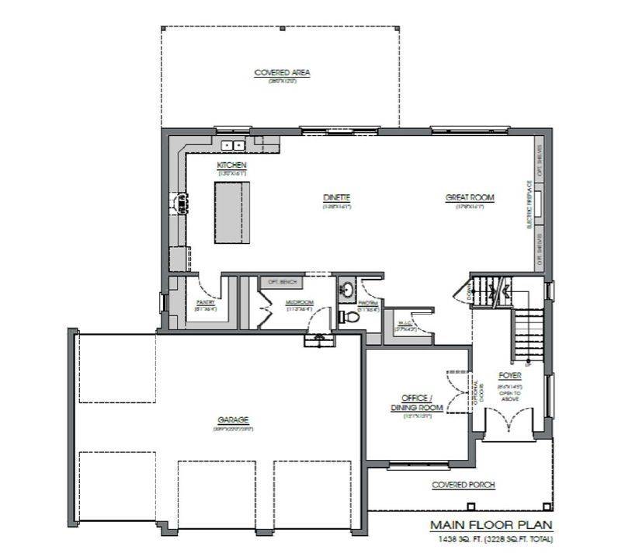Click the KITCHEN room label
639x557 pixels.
(231, 165)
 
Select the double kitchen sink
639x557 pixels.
(232, 144)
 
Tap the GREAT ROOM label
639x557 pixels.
(470, 198)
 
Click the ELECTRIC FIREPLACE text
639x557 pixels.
(530, 204)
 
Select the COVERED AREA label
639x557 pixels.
(282, 73)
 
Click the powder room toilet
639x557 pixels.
(349, 317)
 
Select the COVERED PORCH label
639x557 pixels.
(463, 486)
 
